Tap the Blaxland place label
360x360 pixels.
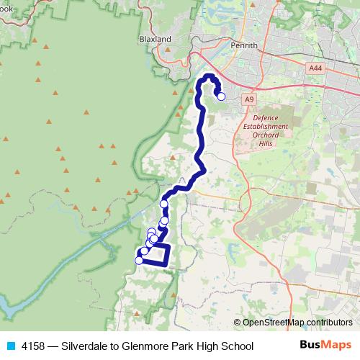click(x=155, y=39)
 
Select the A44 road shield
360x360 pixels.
click(x=315, y=68)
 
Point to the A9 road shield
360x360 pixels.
click(x=249, y=99)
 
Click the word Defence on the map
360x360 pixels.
click(x=271, y=117)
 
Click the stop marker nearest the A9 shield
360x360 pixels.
click(x=221, y=96)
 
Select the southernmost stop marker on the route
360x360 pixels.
click(x=139, y=261)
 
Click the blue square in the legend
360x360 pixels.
click(x=9, y=346)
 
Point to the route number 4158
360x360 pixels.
click(x=33, y=346)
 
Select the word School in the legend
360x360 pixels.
click(x=236, y=346)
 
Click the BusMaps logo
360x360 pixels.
click(x=325, y=346)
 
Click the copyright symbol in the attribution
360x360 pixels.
click(x=237, y=323)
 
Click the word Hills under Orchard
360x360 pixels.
click(x=271, y=143)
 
